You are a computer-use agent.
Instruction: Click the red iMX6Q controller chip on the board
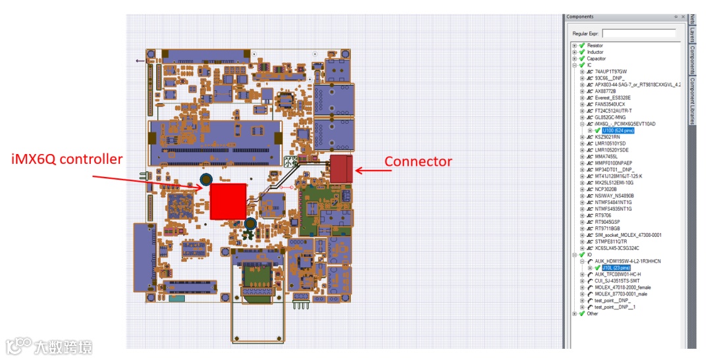(228, 201)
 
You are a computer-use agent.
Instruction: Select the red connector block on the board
(342, 168)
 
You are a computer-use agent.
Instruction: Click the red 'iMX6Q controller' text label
(67, 159)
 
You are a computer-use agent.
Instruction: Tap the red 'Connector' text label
(418, 162)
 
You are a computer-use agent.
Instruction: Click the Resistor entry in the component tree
(594, 45)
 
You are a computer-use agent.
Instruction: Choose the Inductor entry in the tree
(594, 52)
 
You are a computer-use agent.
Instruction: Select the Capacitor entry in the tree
(596, 59)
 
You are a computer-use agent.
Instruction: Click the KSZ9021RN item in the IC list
(607, 137)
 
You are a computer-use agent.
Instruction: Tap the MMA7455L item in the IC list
(606, 157)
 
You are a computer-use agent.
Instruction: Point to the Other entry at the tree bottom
(592, 313)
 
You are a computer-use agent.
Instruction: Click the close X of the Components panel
(682, 16)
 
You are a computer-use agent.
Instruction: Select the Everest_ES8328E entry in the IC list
(612, 97)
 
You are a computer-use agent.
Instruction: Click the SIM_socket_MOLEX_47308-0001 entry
(628, 235)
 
